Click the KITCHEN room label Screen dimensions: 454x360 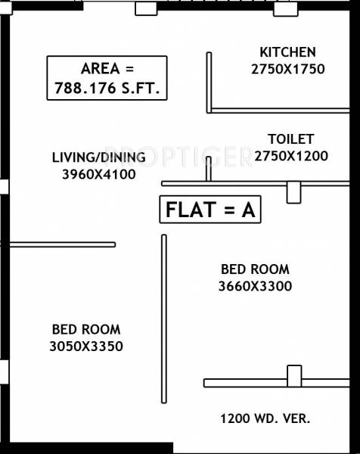coord(287,52)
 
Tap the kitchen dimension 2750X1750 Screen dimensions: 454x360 coord(287,69)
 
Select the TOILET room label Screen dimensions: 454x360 coord(290,139)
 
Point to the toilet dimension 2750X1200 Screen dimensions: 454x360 coord(290,156)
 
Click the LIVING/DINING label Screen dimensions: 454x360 coord(98,157)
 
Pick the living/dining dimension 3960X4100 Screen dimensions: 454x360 coord(98,174)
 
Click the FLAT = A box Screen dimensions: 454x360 coord(209,210)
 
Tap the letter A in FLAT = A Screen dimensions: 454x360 coord(247,210)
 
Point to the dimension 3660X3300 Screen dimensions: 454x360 coord(255,286)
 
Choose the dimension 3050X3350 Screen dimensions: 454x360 coord(86,347)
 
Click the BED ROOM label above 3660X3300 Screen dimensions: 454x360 coord(255,269)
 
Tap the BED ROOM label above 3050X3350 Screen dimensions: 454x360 coord(86,329)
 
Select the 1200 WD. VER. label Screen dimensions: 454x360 coord(265,418)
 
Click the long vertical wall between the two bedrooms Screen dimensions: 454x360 coord(163,321)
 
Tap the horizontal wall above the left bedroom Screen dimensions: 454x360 coord(61,244)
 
